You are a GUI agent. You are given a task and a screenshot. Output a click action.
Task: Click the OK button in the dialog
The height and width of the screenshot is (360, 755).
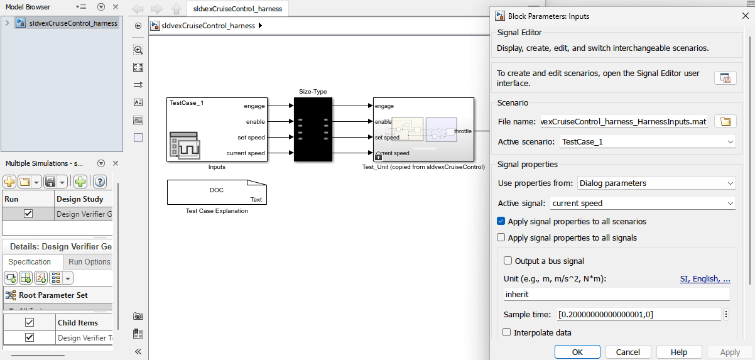tap(577, 352)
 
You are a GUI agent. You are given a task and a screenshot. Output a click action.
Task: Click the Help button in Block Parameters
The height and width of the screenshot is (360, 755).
tap(678, 352)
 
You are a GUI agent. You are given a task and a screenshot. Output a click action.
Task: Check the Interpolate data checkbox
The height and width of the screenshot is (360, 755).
tap(508, 332)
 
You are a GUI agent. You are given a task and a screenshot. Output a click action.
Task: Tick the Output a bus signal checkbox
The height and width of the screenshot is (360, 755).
tap(508, 261)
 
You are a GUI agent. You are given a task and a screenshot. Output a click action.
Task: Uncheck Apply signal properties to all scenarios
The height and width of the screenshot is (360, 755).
tap(501, 221)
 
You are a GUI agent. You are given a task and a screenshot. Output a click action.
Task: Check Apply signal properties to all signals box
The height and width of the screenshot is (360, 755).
tap(501, 237)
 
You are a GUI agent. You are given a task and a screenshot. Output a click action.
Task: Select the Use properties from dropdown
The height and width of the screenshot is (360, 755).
tap(656, 183)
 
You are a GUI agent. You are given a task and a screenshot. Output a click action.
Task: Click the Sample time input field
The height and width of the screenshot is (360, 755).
tap(639, 314)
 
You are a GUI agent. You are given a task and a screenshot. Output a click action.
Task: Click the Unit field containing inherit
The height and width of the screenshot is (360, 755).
tap(616, 294)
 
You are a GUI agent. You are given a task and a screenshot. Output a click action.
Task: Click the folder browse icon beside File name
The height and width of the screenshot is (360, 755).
tap(725, 122)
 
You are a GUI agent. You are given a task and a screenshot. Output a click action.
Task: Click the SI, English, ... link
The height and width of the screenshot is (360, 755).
tap(705, 278)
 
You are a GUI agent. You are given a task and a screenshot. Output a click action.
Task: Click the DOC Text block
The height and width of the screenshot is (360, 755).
tap(217, 192)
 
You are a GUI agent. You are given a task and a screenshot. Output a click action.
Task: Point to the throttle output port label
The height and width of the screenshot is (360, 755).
tap(464, 131)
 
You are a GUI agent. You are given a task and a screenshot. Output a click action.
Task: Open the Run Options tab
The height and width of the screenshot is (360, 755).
tap(89, 262)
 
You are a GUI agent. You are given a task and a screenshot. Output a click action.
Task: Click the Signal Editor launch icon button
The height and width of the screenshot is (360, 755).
tap(725, 78)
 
